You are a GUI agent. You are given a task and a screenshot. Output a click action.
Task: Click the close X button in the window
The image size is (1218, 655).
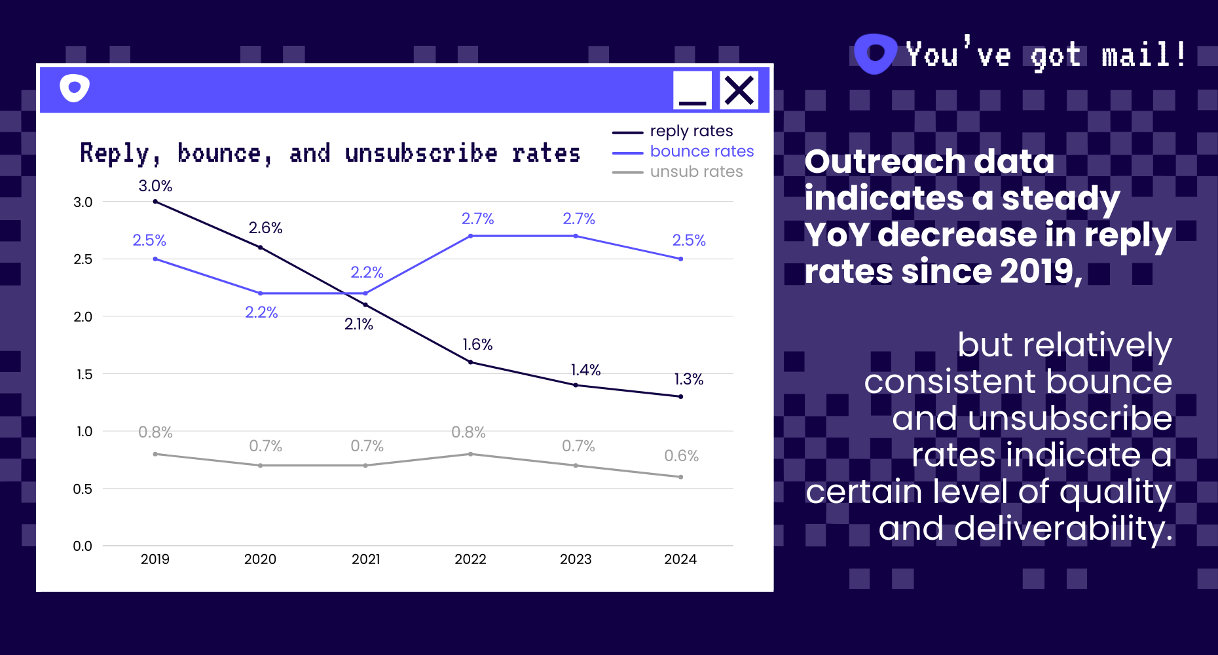pyautogui.click(x=739, y=90)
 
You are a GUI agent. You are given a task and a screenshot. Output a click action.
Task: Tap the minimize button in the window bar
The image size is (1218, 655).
pyautogui.click(x=692, y=90)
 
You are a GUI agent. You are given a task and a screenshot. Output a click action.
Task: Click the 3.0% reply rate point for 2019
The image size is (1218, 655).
pyautogui.click(x=155, y=202)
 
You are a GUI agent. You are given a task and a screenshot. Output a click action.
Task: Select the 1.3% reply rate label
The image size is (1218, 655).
pyautogui.click(x=689, y=379)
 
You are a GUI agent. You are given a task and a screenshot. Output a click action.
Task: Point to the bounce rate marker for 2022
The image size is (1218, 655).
pyautogui.click(x=471, y=236)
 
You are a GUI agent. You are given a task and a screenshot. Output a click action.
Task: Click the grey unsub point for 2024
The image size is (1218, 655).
pyautogui.click(x=681, y=477)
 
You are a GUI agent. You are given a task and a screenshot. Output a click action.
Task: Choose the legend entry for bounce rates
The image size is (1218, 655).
pyautogui.click(x=701, y=151)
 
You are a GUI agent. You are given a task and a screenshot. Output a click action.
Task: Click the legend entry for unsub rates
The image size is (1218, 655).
pyautogui.click(x=696, y=172)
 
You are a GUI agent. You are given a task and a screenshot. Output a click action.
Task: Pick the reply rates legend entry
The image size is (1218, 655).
pyautogui.click(x=691, y=131)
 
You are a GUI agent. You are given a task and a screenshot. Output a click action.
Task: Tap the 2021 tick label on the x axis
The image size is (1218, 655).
pyautogui.click(x=365, y=559)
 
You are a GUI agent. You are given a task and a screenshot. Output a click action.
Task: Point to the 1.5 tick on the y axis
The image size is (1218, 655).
pyautogui.click(x=83, y=374)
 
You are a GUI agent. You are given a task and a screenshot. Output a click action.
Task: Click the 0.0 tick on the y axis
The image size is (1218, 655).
pyautogui.click(x=83, y=546)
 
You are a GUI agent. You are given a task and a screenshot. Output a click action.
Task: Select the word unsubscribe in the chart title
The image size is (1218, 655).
pyautogui.click(x=420, y=153)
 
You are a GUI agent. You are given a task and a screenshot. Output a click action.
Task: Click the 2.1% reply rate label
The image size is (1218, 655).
pyautogui.click(x=359, y=324)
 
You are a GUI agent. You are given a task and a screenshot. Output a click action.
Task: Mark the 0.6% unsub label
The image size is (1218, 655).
pyautogui.click(x=681, y=456)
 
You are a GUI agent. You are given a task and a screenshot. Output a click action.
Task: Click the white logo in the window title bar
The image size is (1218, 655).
pyautogui.click(x=75, y=88)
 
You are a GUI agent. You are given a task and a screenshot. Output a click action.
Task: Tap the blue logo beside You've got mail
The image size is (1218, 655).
pyautogui.click(x=875, y=54)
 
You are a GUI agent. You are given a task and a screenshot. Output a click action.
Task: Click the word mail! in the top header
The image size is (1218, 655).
pyautogui.click(x=1143, y=55)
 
